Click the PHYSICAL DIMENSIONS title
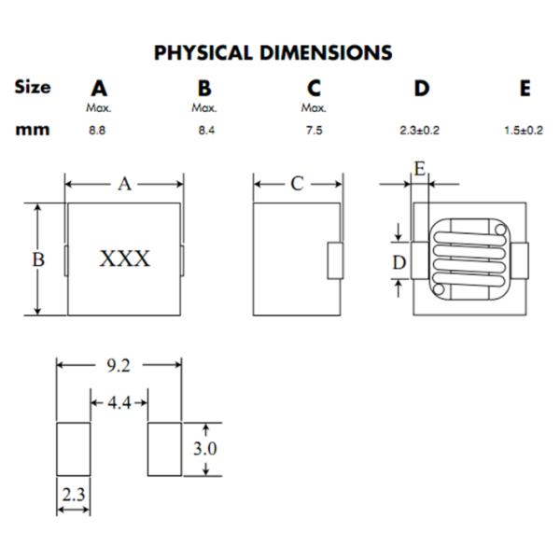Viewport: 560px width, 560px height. [273, 52]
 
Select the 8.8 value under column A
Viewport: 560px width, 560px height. [97, 131]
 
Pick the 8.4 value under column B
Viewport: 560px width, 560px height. [206, 131]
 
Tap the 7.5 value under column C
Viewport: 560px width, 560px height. [314, 131]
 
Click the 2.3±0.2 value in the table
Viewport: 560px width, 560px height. [419, 131]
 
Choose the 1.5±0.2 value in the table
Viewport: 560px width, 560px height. [523, 131]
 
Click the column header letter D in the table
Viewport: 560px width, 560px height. [422, 89]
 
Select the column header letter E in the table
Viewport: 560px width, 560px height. [525, 89]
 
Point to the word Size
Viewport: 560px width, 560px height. [33, 87]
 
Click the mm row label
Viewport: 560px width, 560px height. [33, 130]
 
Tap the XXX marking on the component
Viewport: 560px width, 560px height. [124, 259]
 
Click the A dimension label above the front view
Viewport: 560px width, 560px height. [124, 184]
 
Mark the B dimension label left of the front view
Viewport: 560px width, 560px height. [38, 259]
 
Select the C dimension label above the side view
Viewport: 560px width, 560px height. [297, 184]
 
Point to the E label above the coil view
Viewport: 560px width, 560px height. [420, 169]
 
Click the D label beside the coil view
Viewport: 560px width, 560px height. [399, 263]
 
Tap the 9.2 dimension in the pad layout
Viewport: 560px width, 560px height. [119, 365]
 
